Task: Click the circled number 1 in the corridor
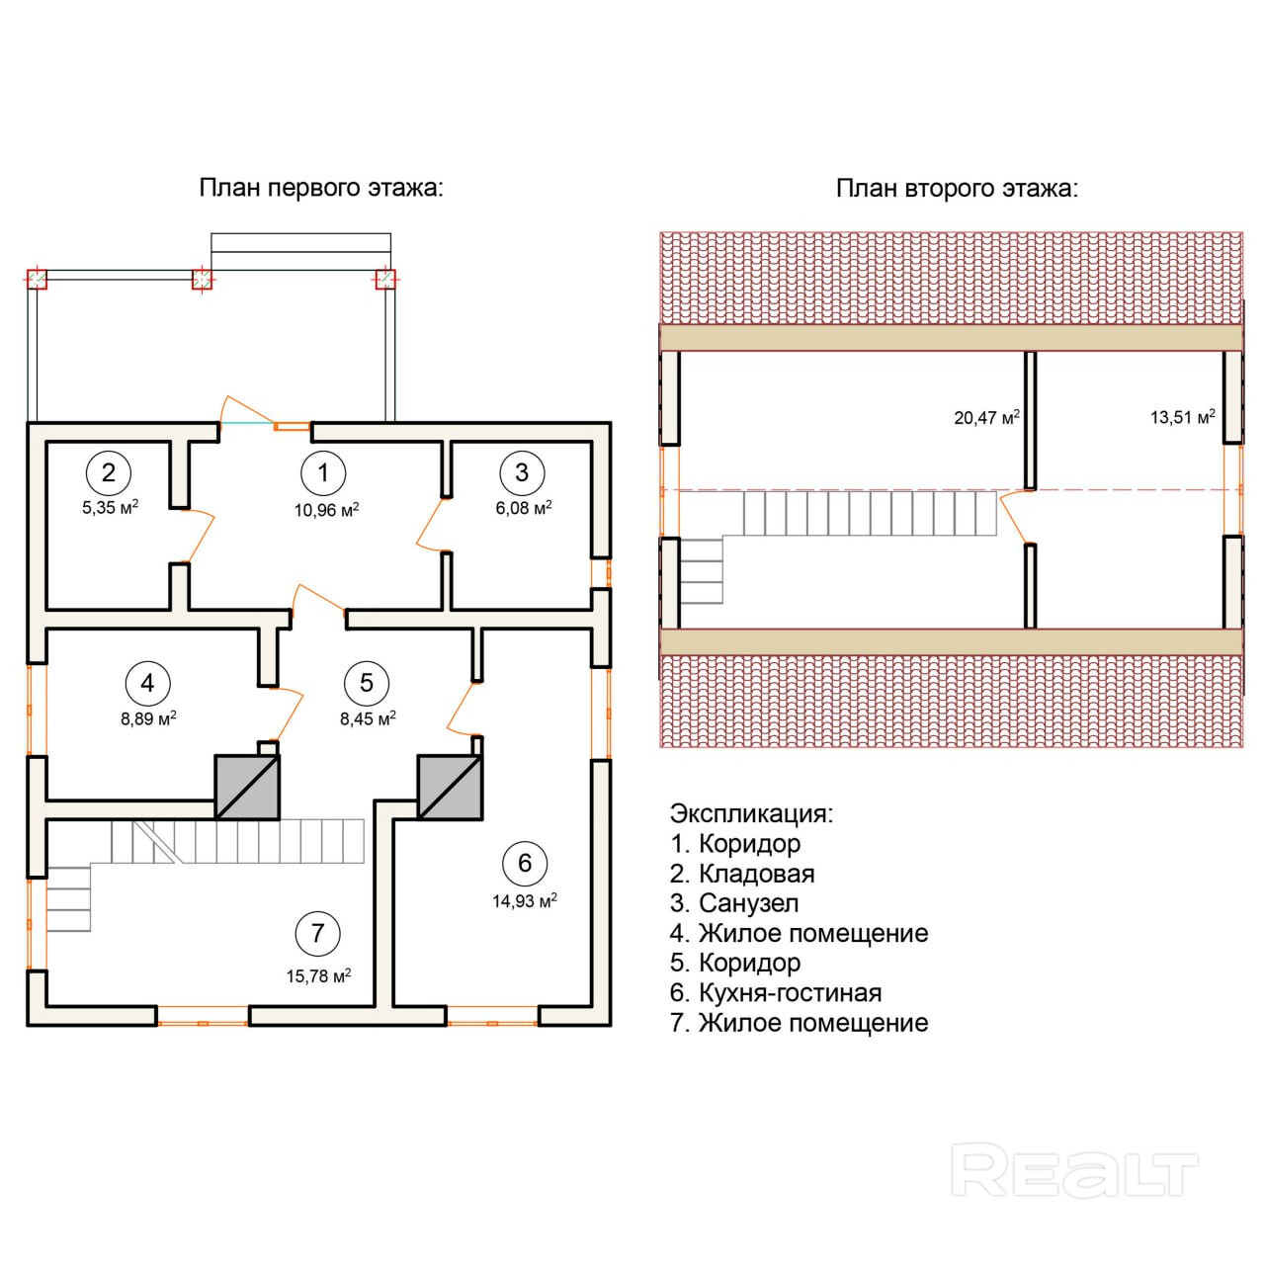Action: [323, 472]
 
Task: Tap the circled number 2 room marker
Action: [108, 472]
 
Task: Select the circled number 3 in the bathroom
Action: [522, 472]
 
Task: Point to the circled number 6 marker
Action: [525, 863]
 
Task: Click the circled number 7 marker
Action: [317, 933]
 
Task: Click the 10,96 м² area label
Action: [326, 510]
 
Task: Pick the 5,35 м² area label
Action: [109, 508]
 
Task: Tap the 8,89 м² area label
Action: [148, 718]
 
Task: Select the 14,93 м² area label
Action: [525, 900]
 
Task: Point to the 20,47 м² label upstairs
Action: [986, 418]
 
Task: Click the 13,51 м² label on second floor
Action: [1182, 417]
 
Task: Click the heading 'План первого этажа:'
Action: [321, 188]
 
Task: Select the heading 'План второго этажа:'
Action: [957, 188]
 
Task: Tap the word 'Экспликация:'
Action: [751, 814]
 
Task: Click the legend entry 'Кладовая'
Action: [755, 874]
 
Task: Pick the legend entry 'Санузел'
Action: [748, 903]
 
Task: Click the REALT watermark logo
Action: [1074, 1172]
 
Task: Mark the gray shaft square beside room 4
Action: [247, 788]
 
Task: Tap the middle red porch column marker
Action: [202, 281]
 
